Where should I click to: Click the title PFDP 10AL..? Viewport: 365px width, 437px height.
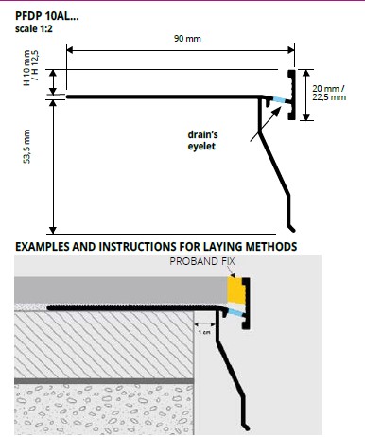pyautogui.click(x=46, y=16)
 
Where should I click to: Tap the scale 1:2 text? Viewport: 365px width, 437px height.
pyautogui.click(x=34, y=29)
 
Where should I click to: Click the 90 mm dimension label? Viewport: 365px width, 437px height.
pyautogui.click(x=187, y=39)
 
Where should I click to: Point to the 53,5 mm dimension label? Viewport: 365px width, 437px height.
pyautogui.click(x=27, y=147)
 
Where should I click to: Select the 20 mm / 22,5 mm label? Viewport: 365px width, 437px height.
pyautogui.click(x=329, y=93)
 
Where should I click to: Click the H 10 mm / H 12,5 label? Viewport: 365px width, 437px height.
pyautogui.click(x=30, y=67)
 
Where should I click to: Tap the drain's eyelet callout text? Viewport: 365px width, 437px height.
pyautogui.click(x=202, y=140)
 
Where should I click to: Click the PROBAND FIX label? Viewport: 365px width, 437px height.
pyautogui.click(x=202, y=261)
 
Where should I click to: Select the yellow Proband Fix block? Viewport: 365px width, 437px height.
pyautogui.click(x=235, y=290)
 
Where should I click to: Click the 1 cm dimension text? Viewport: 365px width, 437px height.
pyautogui.click(x=204, y=332)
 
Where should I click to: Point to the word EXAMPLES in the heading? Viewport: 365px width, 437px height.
pyautogui.click(x=43, y=246)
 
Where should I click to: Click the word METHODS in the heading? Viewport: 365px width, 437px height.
pyautogui.click(x=271, y=246)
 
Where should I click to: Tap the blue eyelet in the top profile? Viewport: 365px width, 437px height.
pyautogui.click(x=279, y=99)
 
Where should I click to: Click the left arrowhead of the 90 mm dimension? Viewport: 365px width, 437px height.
pyautogui.click(x=70, y=50)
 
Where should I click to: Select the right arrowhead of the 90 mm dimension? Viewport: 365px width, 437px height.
pyautogui.click(x=291, y=50)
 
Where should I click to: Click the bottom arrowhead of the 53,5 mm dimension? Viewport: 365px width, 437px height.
pyautogui.click(x=53, y=230)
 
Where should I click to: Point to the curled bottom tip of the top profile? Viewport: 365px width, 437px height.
pyautogui.click(x=291, y=228)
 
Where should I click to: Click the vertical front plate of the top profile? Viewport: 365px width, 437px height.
pyautogui.click(x=291, y=95)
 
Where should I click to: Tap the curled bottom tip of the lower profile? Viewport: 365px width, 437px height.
pyautogui.click(x=246, y=427)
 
